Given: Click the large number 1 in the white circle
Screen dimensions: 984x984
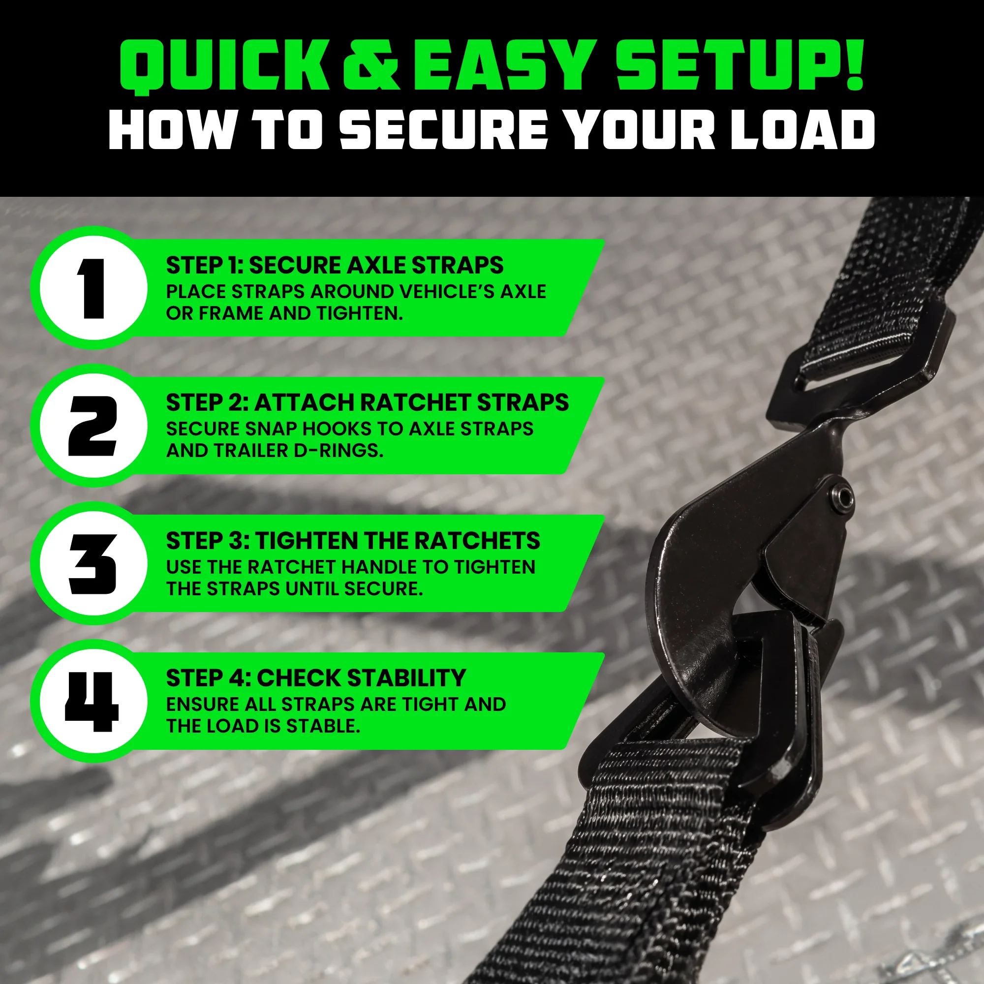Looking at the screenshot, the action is pyautogui.click(x=92, y=288).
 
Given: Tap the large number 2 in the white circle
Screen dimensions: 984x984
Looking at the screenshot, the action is pyautogui.click(x=92, y=426).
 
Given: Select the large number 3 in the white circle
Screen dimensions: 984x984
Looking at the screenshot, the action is pyautogui.click(x=92, y=564).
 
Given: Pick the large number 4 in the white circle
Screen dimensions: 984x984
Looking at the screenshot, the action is pyautogui.click(x=92, y=702).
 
